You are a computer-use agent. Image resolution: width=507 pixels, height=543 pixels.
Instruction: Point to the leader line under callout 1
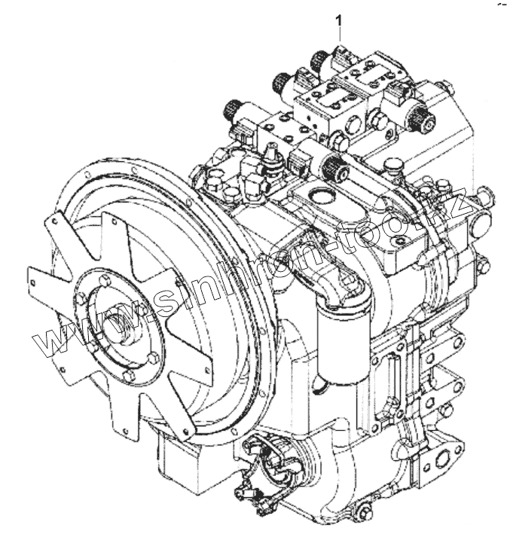[x=340, y=34]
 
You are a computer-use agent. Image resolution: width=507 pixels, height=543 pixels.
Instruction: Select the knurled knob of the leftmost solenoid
[x=228, y=114]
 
